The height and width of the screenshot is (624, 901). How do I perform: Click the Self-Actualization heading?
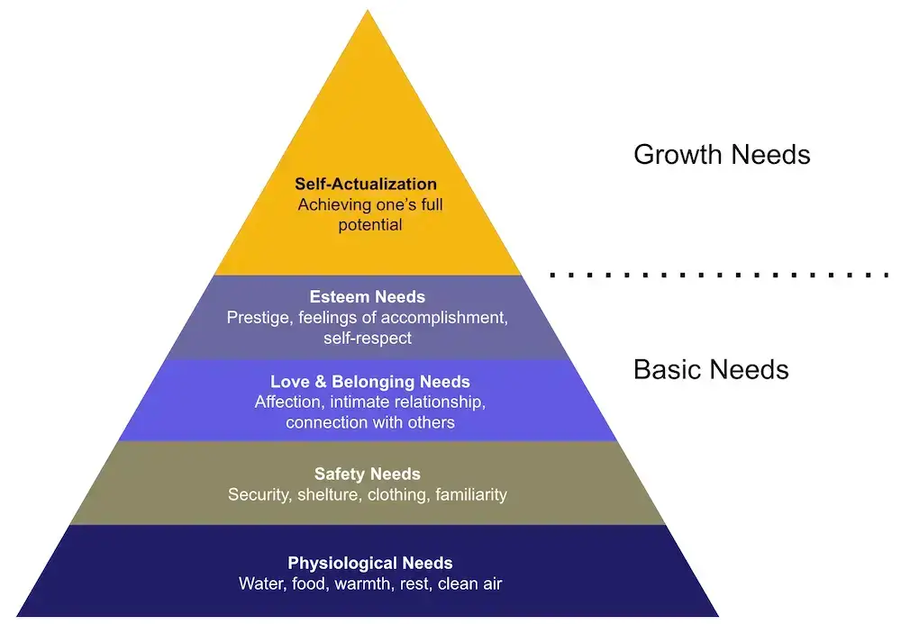pyautogui.click(x=366, y=185)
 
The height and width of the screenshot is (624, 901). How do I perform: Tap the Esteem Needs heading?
pyautogui.click(x=368, y=296)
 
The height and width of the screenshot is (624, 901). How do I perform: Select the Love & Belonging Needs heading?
pyautogui.click(x=370, y=382)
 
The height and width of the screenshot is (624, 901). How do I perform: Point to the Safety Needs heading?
pyautogui.click(x=368, y=474)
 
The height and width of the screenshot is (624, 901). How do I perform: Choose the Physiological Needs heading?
pyautogui.click(x=370, y=563)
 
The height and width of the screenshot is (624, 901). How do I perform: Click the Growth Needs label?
pyautogui.click(x=722, y=154)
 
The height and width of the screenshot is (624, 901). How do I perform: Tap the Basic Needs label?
pyautogui.click(x=711, y=369)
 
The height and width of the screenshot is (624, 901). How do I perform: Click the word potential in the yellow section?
pyautogui.click(x=370, y=225)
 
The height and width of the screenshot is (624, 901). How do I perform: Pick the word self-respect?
pyautogui.click(x=368, y=339)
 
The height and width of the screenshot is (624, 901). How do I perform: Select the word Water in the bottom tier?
pyautogui.click(x=259, y=583)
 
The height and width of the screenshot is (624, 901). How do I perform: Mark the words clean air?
pyautogui.click(x=468, y=583)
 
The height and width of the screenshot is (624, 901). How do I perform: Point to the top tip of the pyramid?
pyautogui.click(x=368, y=12)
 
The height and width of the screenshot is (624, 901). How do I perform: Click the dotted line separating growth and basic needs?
pyautogui.click(x=721, y=274)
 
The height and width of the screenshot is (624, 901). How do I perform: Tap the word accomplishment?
pyautogui.click(x=432, y=317)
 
